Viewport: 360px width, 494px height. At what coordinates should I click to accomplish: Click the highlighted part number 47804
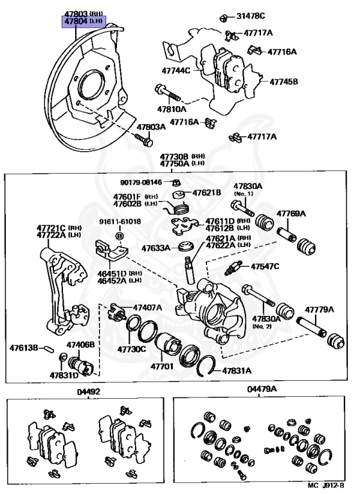(76, 21)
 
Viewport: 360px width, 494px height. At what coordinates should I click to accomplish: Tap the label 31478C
(251, 15)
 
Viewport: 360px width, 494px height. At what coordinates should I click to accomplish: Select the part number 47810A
(172, 109)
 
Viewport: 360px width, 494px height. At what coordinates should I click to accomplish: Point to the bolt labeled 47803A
(144, 140)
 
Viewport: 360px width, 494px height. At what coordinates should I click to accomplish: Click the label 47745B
(283, 82)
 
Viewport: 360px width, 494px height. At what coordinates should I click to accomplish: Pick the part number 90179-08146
(141, 182)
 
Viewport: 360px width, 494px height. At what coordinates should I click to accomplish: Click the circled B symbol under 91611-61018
(120, 235)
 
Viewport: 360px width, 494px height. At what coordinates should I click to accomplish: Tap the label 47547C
(265, 266)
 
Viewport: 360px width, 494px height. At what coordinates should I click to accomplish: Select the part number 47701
(162, 366)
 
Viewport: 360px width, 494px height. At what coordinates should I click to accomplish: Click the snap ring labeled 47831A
(205, 366)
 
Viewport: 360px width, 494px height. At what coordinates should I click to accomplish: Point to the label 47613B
(24, 348)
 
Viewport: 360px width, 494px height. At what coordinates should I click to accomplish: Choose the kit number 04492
(89, 392)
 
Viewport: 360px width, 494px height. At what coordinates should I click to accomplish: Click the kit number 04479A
(262, 389)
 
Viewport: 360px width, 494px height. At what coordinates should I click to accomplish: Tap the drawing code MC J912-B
(326, 486)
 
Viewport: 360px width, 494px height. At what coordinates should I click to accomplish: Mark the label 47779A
(319, 309)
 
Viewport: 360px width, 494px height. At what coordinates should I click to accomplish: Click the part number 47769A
(291, 214)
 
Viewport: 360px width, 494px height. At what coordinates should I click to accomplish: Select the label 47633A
(156, 248)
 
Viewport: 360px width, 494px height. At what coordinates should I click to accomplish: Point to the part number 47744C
(176, 71)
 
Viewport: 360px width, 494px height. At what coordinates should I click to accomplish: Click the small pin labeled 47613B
(50, 349)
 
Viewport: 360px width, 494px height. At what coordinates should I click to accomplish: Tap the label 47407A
(147, 307)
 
